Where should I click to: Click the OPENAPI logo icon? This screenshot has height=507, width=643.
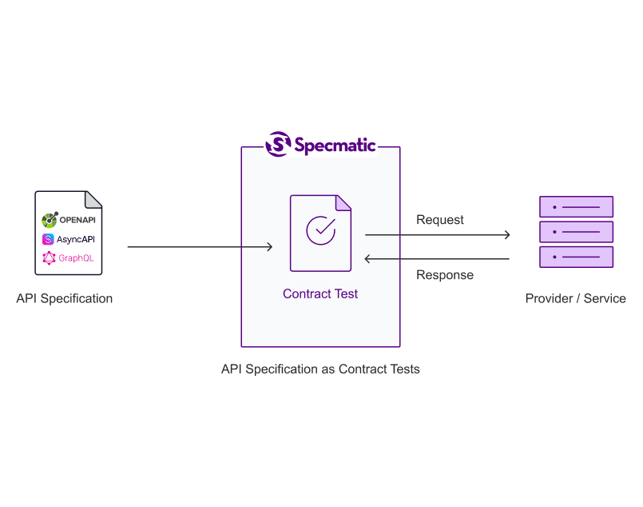click(x=50, y=220)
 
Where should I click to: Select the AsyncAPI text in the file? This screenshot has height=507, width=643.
click(x=76, y=239)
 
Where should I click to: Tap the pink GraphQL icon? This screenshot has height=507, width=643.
click(x=49, y=257)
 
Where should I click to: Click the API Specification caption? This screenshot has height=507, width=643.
click(x=65, y=298)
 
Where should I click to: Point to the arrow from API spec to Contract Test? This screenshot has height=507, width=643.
click(x=200, y=247)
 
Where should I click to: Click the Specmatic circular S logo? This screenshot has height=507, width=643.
click(x=278, y=144)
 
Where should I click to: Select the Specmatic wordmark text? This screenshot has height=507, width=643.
click(x=335, y=146)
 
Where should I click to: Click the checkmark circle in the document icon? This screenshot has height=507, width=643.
click(x=320, y=230)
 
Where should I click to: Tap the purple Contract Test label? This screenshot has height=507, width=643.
click(x=320, y=293)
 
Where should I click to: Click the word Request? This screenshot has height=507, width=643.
click(x=440, y=220)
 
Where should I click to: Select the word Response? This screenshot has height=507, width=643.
click(x=445, y=274)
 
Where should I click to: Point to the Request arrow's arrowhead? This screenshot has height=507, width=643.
click(x=507, y=235)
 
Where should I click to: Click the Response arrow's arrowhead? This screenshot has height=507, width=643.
click(x=367, y=259)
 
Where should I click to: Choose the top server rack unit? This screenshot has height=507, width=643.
click(x=576, y=206)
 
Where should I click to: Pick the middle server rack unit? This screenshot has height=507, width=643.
click(x=576, y=232)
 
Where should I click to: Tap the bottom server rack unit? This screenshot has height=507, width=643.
click(x=576, y=257)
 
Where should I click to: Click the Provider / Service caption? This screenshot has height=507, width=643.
click(x=576, y=298)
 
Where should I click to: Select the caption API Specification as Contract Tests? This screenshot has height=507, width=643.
click(x=320, y=369)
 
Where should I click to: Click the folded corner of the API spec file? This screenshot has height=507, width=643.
click(x=93, y=200)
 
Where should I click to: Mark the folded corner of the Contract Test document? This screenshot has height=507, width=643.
click(x=343, y=203)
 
